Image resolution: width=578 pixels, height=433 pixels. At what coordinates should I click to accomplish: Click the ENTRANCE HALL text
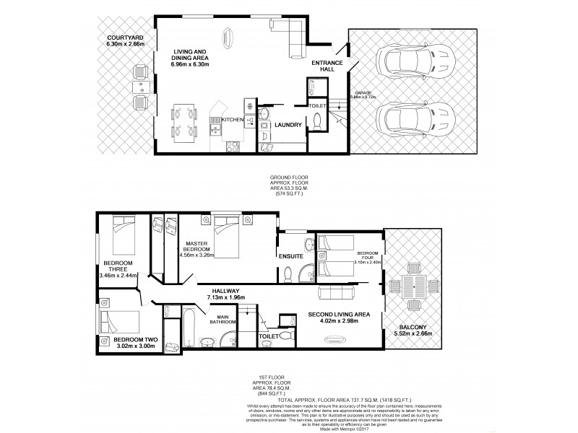(x=327, y=67)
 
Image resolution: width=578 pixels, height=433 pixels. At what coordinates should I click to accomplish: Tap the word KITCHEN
(x=233, y=120)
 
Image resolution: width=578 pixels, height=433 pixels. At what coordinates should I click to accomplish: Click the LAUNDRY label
(x=287, y=126)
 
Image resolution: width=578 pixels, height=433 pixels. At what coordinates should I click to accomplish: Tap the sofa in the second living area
(x=340, y=292)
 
